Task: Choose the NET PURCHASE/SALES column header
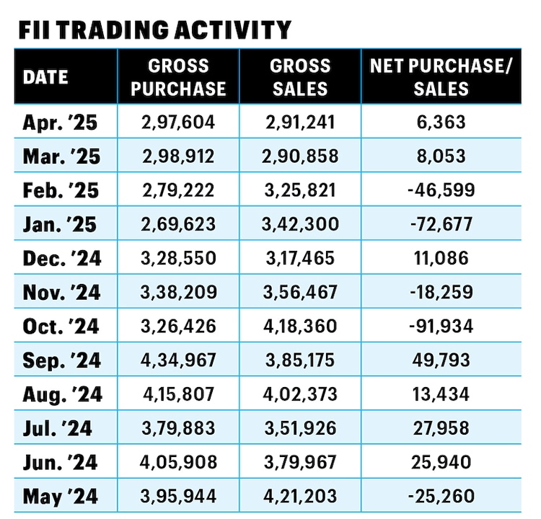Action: tap(440, 77)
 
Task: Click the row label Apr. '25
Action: tap(60, 123)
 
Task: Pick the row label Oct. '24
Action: tap(61, 326)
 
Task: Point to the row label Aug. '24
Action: tap(62, 394)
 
